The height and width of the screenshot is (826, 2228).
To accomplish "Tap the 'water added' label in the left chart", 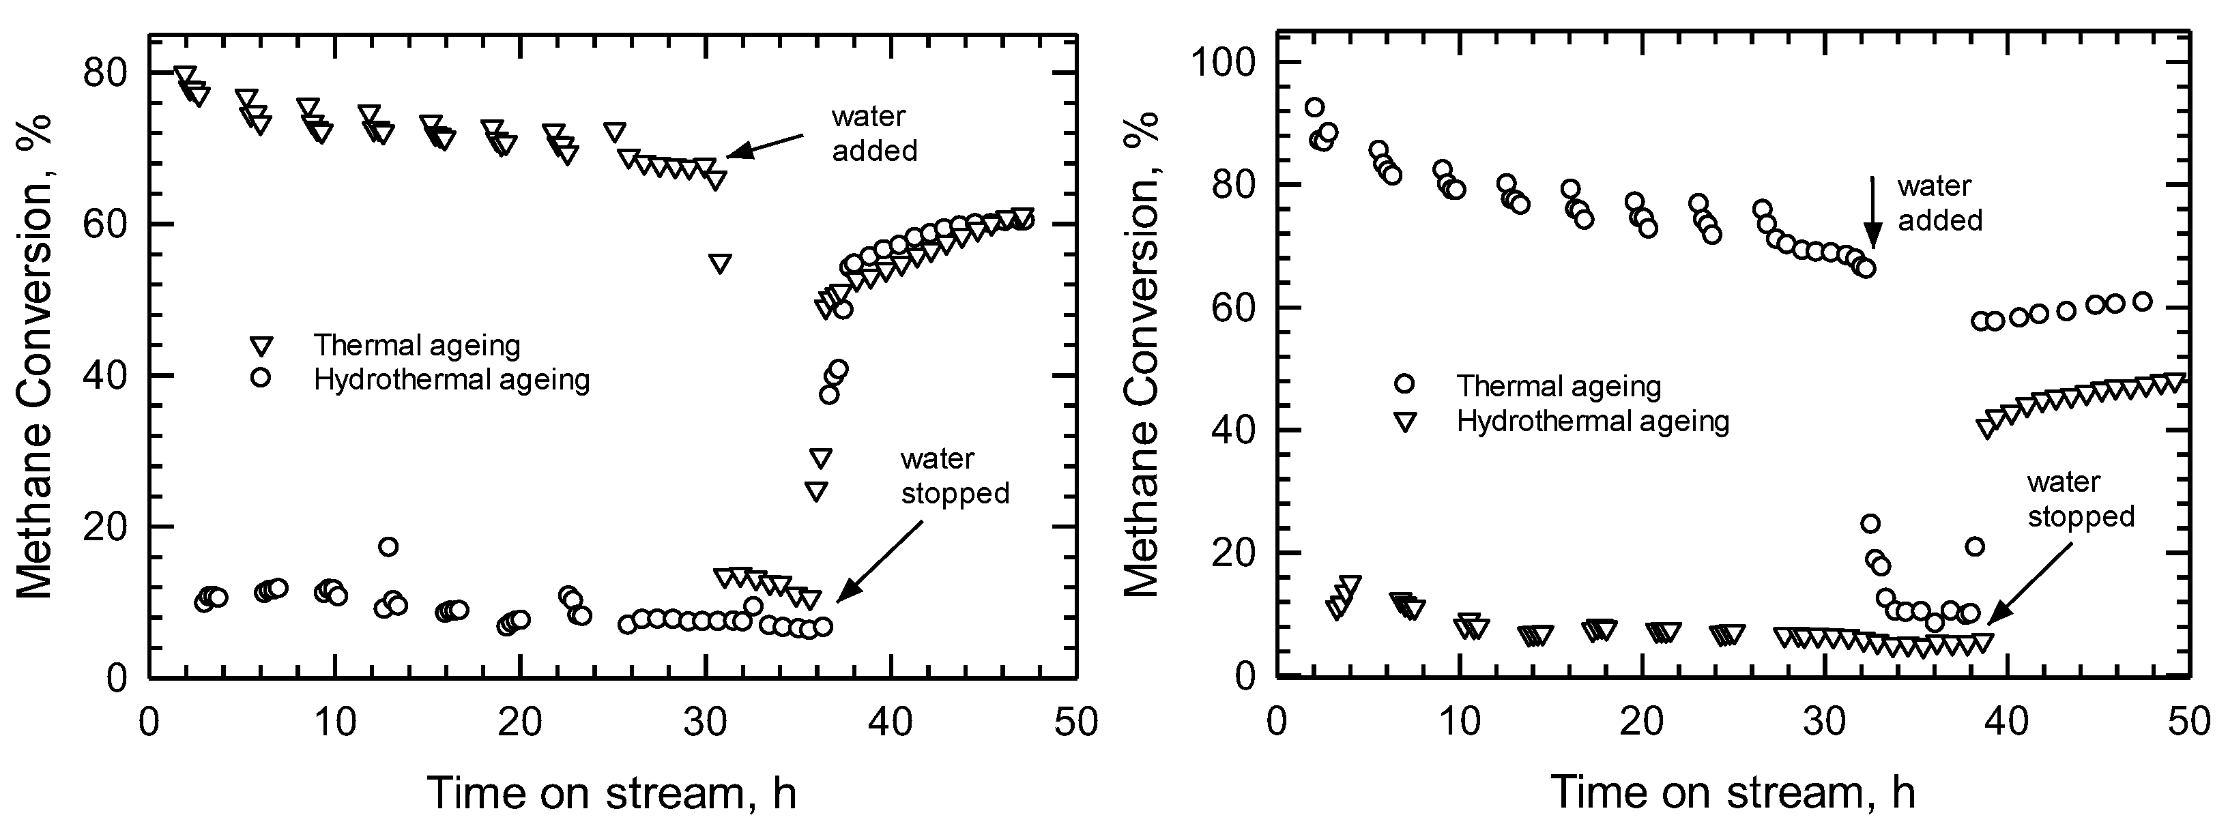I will [873, 133].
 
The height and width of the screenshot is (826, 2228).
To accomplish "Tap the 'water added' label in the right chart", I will [1939, 203].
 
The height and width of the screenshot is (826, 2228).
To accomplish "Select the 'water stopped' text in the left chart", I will [954, 475].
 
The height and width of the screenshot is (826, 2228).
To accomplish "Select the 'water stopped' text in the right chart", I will [2080, 499].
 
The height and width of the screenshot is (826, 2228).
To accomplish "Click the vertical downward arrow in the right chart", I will [1872, 212].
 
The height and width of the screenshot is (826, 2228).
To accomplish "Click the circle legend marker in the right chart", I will [1404, 383].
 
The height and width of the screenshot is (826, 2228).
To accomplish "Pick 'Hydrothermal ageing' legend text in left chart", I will [452, 380].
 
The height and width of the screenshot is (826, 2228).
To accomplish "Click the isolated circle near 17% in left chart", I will [388, 546].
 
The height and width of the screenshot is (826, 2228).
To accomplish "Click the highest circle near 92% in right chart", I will [1315, 107].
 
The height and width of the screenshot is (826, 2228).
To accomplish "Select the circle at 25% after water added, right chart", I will [1870, 523].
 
